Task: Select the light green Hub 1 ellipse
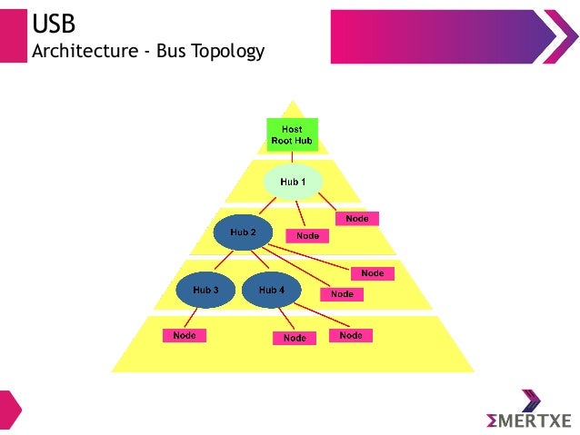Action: coord(293,182)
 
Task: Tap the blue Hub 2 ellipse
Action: coord(243,232)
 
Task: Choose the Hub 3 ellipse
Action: coord(205,290)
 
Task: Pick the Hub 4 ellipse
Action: coord(271,290)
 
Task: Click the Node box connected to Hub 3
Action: coord(185,335)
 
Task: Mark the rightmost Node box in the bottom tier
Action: coord(351,335)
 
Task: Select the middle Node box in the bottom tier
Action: coord(295,338)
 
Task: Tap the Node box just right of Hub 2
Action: coord(307,235)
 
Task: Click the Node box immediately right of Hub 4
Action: coord(342,294)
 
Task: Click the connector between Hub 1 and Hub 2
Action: coord(270,205)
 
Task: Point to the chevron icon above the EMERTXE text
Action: coord(531,400)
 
